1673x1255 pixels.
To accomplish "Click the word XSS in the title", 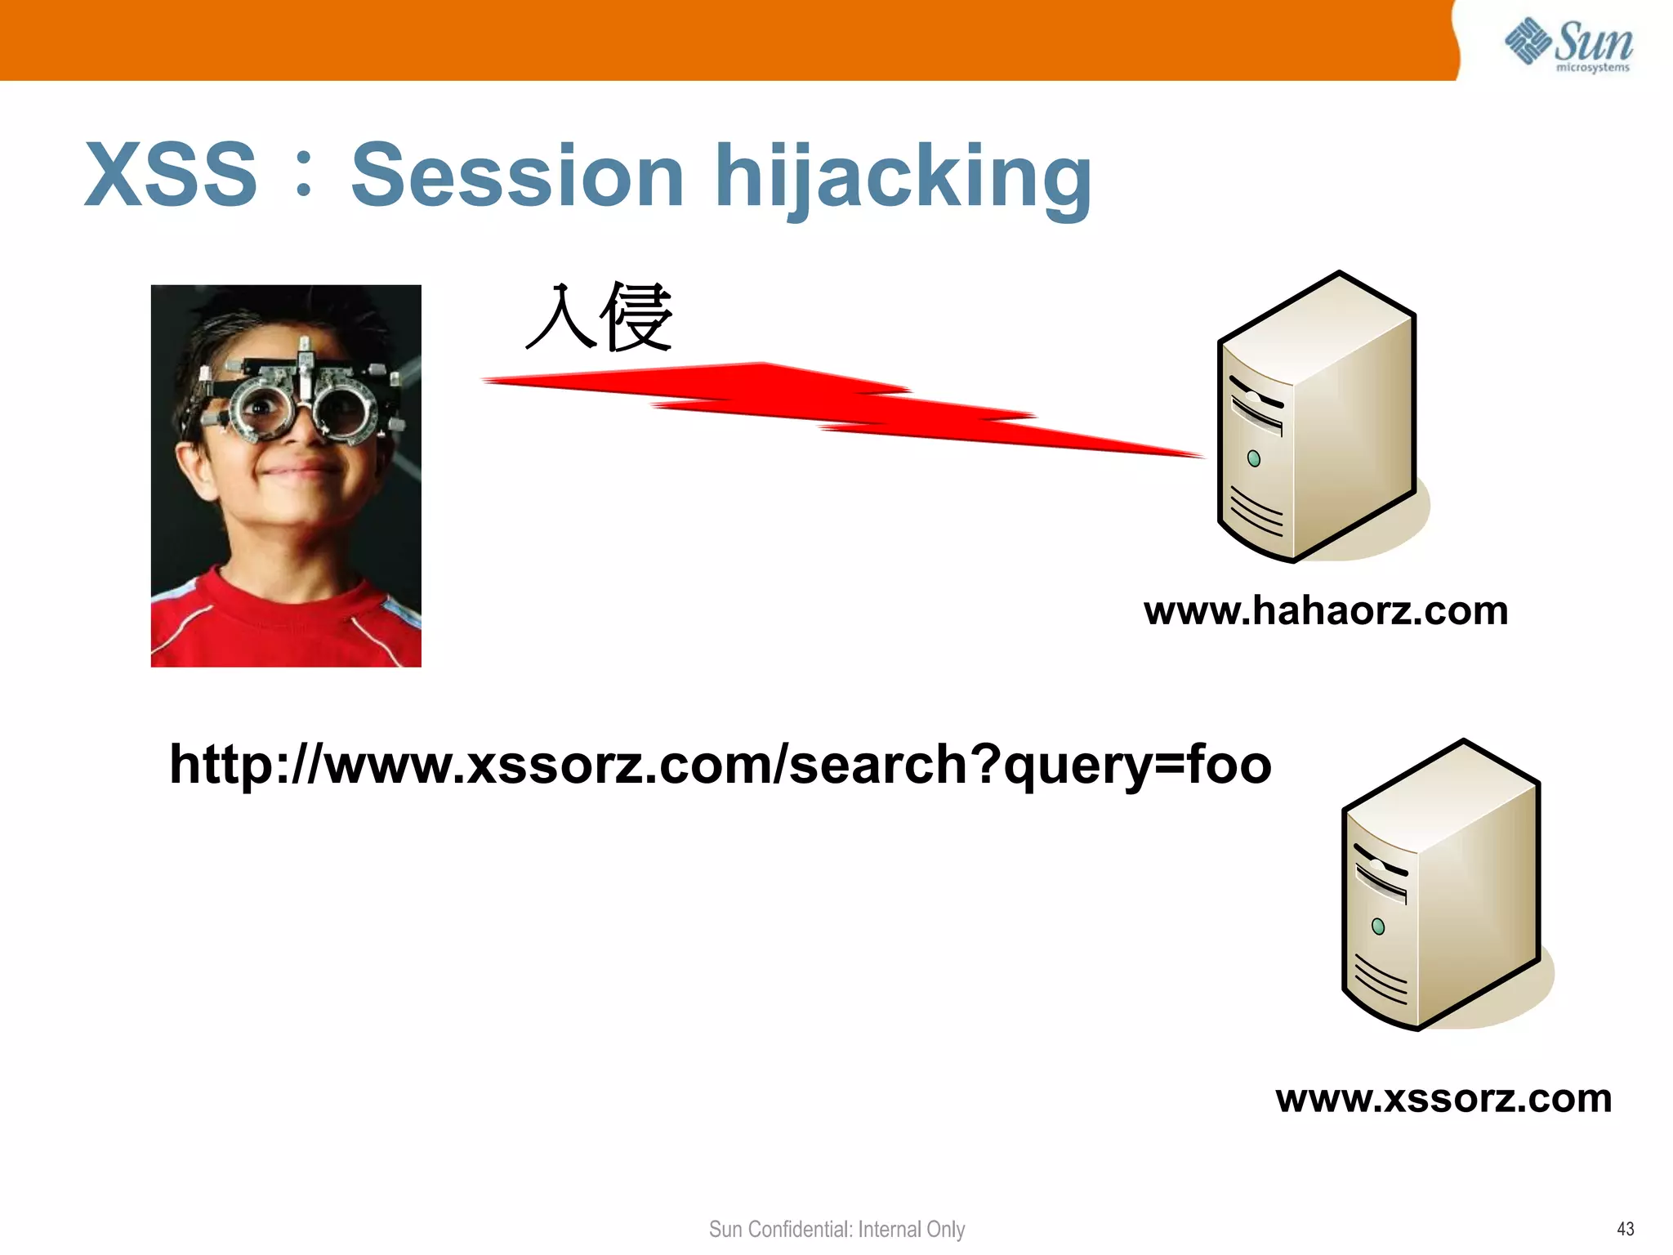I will pyautogui.click(x=171, y=175).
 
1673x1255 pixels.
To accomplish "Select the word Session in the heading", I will pyautogui.click(x=517, y=175).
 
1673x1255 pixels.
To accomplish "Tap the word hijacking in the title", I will pyautogui.click(x=903, y=176).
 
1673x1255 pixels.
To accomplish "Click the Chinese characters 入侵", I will pyautogui.click(x=599, y=317).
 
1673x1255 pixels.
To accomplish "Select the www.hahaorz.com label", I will pyautogui.click(x=1325, y=611).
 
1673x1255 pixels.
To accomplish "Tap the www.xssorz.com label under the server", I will pyautogui.click(x=1443, y=1098).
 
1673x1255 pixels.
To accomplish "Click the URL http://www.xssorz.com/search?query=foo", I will pyautogui.click(x=720, y=765).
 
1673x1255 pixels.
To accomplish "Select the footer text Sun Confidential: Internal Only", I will pyautogui.click(x=836, y=1229).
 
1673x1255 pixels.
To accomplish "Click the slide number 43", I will pyautogui.click(x=1625, y=1229).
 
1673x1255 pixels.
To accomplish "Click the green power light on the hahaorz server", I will pyautogui.click(x=1254, y=459).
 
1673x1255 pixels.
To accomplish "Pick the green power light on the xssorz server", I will pyautogui.click(x=1378, y=927).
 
